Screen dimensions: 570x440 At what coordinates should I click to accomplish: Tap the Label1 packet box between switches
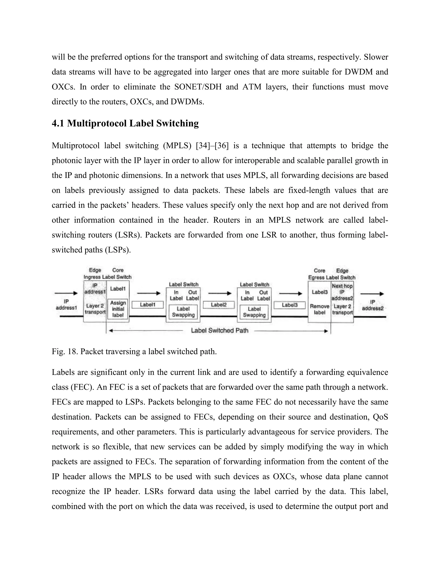tap(148, 305)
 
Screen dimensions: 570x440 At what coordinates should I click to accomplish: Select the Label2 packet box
tap(219, 305)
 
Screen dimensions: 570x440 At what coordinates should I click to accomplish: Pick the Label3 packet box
tap(290, 305)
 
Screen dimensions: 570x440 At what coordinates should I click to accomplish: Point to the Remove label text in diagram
tap(319, 309)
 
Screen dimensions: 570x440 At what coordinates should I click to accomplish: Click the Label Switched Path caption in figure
tap(220, 331)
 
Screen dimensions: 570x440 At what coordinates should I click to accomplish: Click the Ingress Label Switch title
tap(107, 277)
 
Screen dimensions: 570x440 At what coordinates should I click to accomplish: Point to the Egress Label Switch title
tap(332, 277)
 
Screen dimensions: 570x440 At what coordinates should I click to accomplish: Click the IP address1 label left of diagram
tap(66, 305)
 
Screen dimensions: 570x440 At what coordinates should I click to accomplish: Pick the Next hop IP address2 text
tap(342, 292)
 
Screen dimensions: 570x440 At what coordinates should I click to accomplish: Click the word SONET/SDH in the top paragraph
tap(198, 87)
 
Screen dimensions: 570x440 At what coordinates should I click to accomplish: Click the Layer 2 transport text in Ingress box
tap(95, 309)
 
